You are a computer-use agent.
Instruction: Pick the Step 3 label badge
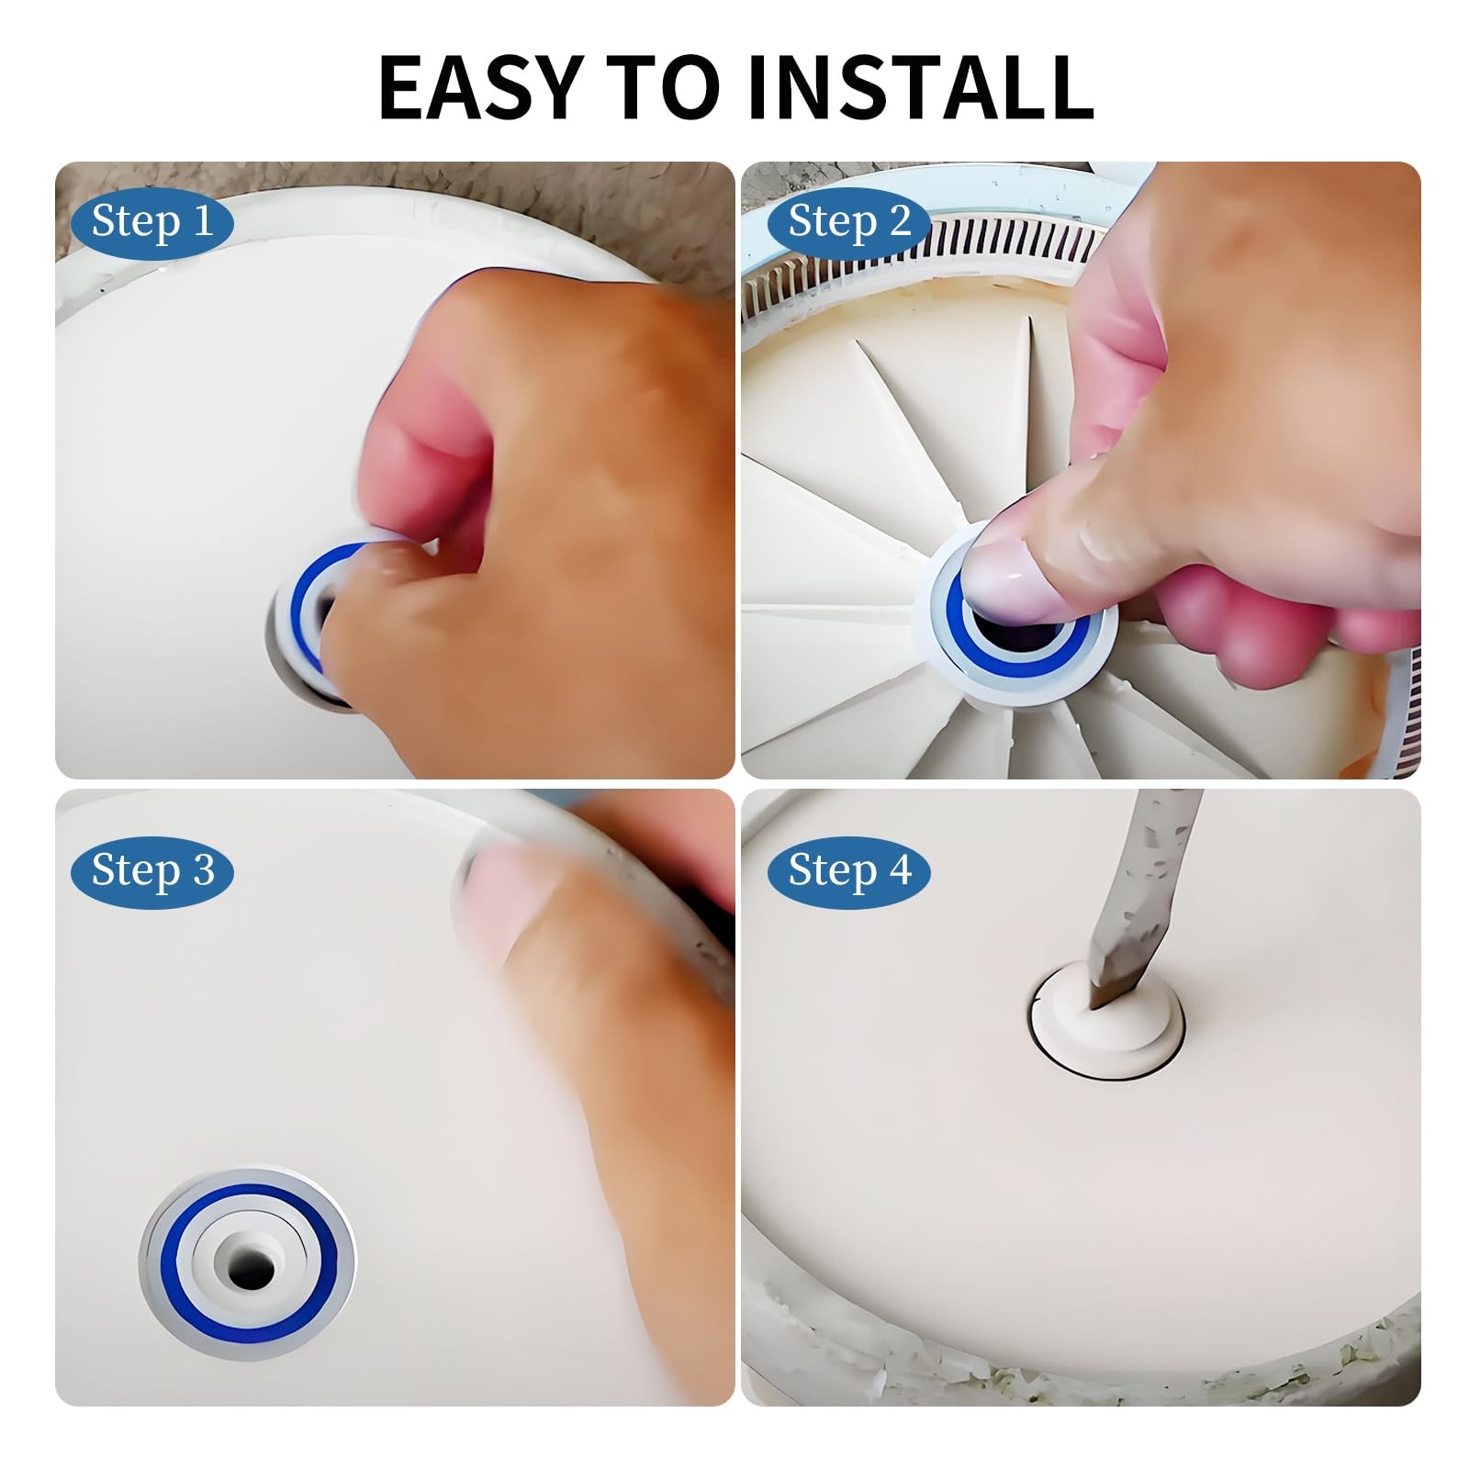click(x=152, y=871)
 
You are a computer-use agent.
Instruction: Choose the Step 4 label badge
click(x=849, y=871)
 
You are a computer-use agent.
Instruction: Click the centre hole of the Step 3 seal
click(x=250, y=1270)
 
